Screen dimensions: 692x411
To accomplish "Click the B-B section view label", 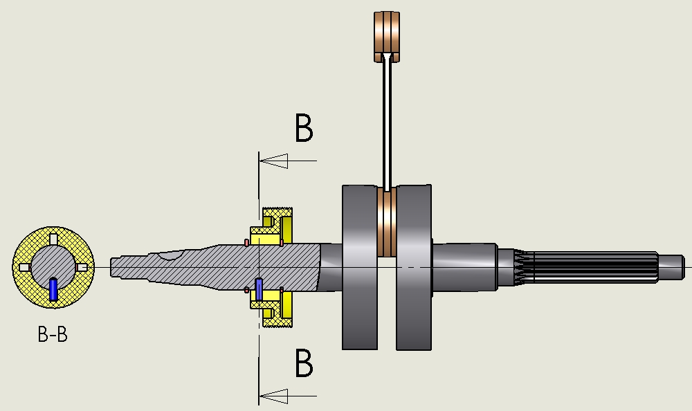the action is click(53, 334).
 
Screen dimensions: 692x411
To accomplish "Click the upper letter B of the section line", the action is click(304, 128).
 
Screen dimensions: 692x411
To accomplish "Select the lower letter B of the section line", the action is click(304, 363).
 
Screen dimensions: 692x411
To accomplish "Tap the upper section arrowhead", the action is click(273, 161).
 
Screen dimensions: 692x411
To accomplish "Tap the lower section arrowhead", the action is click(273, 396).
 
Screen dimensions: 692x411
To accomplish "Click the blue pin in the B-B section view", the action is click(53, 290).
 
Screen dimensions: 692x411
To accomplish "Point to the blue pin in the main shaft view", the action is click(259, 290).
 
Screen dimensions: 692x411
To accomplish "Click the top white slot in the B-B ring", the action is click(54, 239).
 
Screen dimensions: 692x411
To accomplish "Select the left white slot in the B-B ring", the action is click(25, 268).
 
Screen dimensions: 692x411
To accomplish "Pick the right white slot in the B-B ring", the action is click(82, 268).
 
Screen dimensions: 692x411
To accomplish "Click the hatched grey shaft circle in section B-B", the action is click(53, 267).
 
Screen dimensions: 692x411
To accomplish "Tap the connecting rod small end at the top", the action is click(387, 37).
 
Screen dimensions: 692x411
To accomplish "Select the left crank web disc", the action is click(360, 268).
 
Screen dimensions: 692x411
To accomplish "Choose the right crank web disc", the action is click(414, 268).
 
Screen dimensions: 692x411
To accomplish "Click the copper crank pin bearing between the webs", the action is click(387, 222).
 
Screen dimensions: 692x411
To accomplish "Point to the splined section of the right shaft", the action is click(592, 266).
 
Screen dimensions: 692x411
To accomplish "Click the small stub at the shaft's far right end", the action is click(671, 267).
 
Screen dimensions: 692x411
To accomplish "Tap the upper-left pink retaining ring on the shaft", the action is click(246, 243).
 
